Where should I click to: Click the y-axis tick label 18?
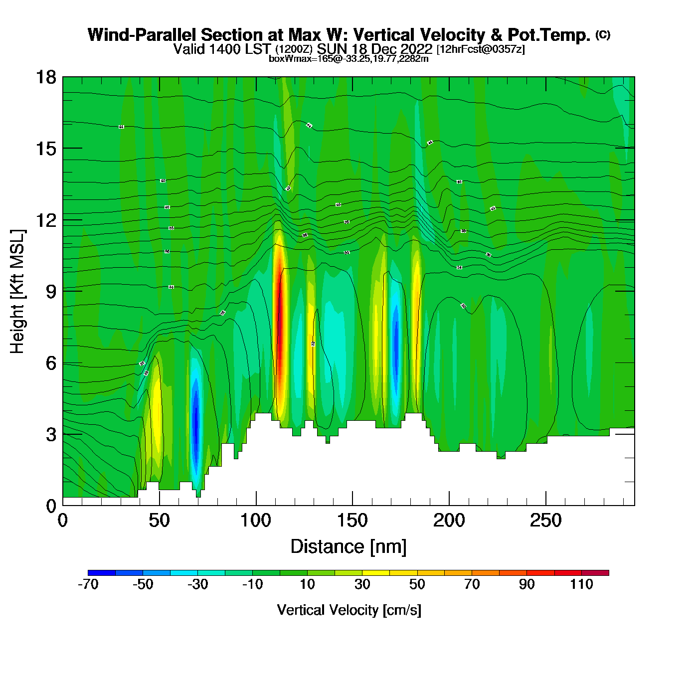tap(45, 77)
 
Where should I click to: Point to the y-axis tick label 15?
tap(45, 149)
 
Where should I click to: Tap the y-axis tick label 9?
tap(51, 292)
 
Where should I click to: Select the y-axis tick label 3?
tap(51, 435)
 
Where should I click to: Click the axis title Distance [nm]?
tap(349, 547)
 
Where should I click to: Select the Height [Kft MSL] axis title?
tap(17, 292)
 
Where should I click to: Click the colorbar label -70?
tap(88, 584)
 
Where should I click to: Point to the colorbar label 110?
tap(581, 584)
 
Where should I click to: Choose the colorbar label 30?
tap(362, 584)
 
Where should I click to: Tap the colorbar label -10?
tap(252, 584)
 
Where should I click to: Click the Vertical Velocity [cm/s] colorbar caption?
tap(349, 610)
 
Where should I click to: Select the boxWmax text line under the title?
tap(349, 59)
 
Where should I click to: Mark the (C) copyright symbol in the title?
tap(603, 34)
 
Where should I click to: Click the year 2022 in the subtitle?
tap(417, 49)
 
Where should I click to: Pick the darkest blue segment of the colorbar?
tap(102, 573)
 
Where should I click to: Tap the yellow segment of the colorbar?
tap(376, 573)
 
